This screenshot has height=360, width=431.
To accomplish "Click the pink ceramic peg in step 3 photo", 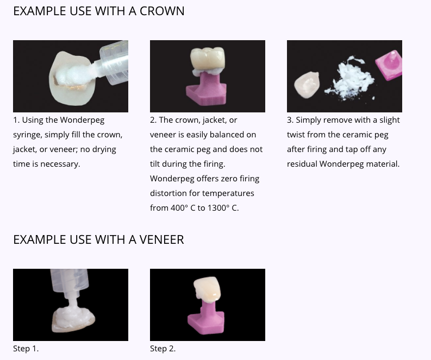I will [x=388, y=65].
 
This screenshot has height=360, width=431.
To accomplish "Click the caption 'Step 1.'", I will [x=26, y=349].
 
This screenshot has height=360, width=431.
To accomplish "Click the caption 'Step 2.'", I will [x=163, y=349].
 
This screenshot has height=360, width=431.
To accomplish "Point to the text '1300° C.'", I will [x=223, y=208].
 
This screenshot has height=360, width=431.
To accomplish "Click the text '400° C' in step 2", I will [x=183, y=208].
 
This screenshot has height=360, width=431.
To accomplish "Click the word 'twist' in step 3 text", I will [x=297, y=135].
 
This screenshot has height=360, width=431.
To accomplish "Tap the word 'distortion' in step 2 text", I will [x=169, y=193].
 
